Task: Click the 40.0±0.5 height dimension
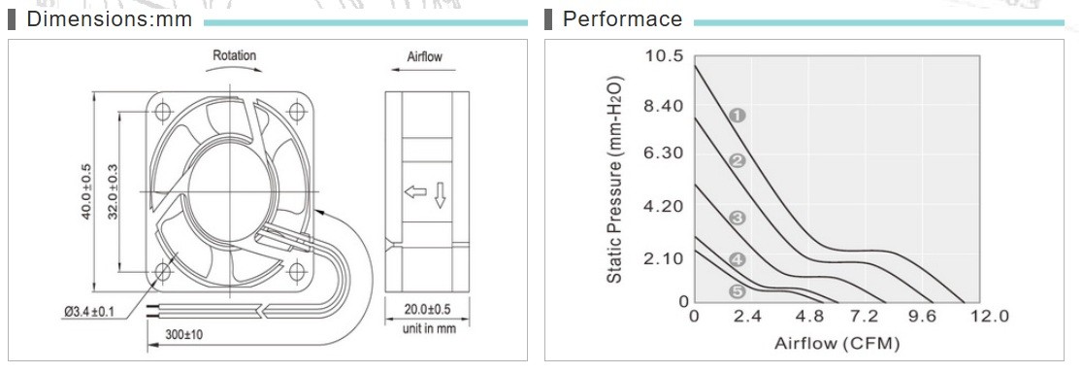pyautogui.click(x=86, y=191)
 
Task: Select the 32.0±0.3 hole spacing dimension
pyautogui.click(x=113, y=191)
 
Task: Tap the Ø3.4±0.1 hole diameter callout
pyautogui.click(x=89, y=313)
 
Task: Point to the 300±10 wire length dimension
pyautogui.click(x=184, y=335)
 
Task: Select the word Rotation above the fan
pyautogui.click(x=234, y=55)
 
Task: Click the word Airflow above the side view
pyautogui.click(x=424, y=56)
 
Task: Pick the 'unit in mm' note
pyautogui.click(x=429, y=328)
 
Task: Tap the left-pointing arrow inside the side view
pyautogui.click(x=415, y=192)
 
